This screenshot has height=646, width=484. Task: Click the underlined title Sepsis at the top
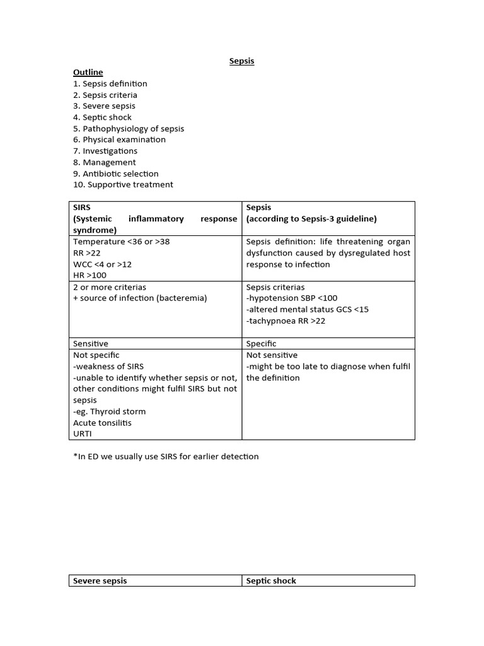[x=241, y=61]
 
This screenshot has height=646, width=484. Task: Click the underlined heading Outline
[x=88, y=73]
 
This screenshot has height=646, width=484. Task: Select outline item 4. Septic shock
[x=102, y=117]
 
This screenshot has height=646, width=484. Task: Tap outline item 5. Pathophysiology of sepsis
[x=129, y=129]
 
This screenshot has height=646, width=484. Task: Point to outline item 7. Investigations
[x=105, y=151]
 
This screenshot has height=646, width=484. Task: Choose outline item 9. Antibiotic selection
[x=115, y=173]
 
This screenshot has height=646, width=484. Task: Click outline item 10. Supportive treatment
[x=123, y=185]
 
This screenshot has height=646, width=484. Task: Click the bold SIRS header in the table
[x=83, y=208]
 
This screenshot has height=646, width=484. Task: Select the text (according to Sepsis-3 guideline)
[x=311, y=219]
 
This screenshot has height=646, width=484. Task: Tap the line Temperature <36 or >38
[x=121, y=242]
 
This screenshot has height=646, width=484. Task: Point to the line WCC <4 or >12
[x=102, y=264]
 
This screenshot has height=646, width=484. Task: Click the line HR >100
[x=89, y=276]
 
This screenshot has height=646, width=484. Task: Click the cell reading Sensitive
[x=91, y=344]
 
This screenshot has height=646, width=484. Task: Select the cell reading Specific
[x=261, y=344]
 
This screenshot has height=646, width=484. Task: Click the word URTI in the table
[x=83, y=435]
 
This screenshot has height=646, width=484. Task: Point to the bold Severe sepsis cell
[x=100, y=581]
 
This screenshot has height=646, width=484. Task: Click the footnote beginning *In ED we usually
[x=166, y=456]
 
